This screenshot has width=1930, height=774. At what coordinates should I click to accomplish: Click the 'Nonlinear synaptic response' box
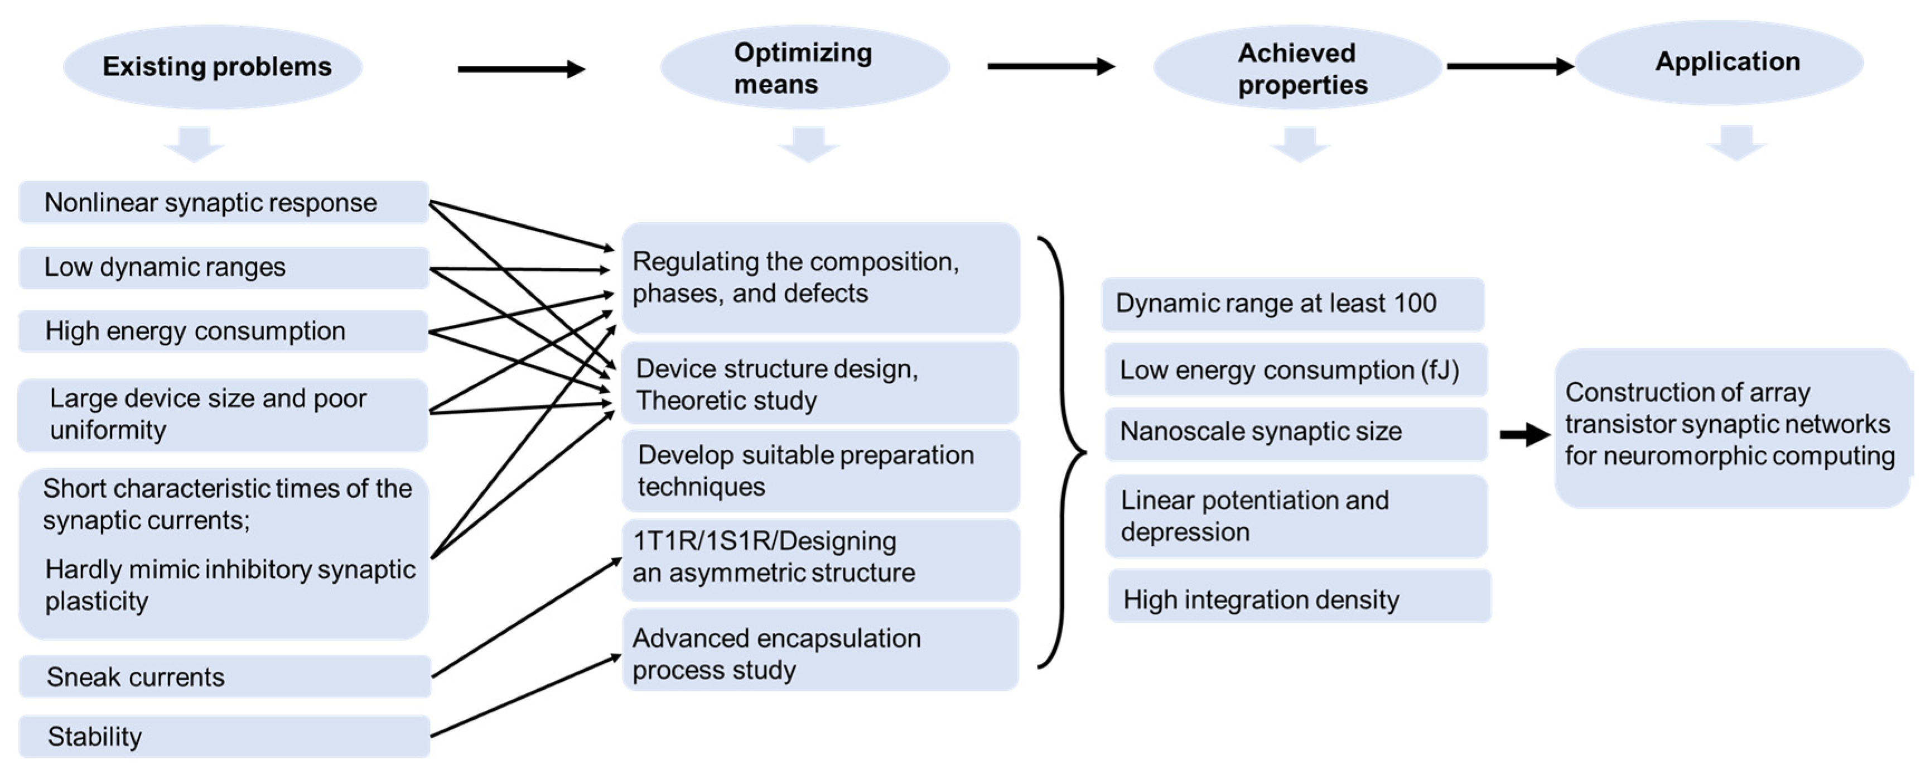coord(223,203)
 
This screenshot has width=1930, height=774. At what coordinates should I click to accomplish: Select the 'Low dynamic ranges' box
coord(223,267)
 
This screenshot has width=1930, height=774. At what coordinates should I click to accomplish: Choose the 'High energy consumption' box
coord(223,331)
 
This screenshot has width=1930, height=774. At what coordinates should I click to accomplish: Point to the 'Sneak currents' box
coord(225,676)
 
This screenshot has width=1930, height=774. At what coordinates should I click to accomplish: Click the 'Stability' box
coord(225,737)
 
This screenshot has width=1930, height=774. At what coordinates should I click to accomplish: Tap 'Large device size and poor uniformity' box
coord(223,415)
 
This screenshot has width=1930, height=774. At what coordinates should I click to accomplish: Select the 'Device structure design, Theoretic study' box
coord(819,383)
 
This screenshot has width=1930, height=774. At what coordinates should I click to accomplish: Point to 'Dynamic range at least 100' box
coord(1293,304)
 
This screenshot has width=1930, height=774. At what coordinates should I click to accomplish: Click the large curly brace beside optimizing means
coord(1063,453)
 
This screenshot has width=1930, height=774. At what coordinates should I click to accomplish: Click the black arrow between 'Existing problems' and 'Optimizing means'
coord(521,69)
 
